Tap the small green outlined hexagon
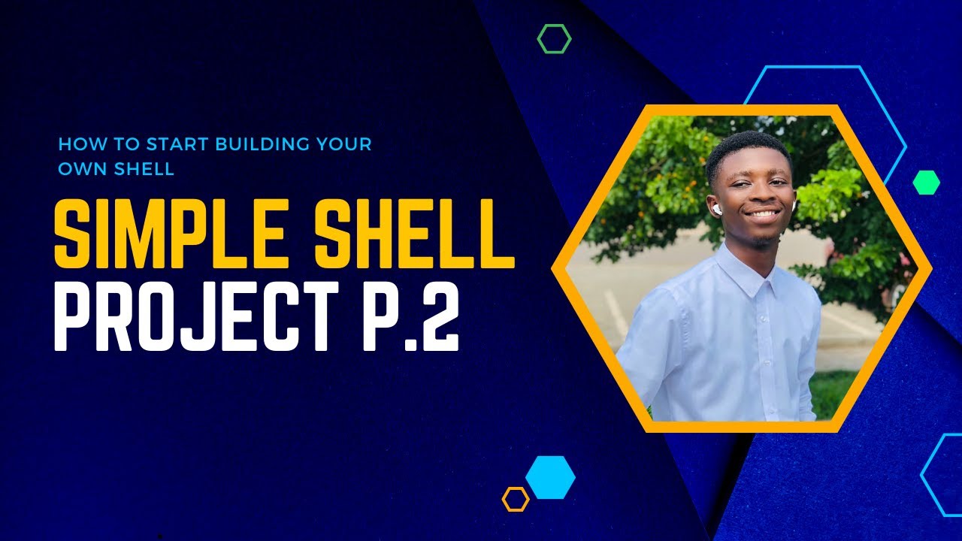554,38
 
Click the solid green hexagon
926,182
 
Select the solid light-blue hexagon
550,477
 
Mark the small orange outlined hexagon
516,499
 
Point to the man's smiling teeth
762,214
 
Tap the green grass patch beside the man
832,391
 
